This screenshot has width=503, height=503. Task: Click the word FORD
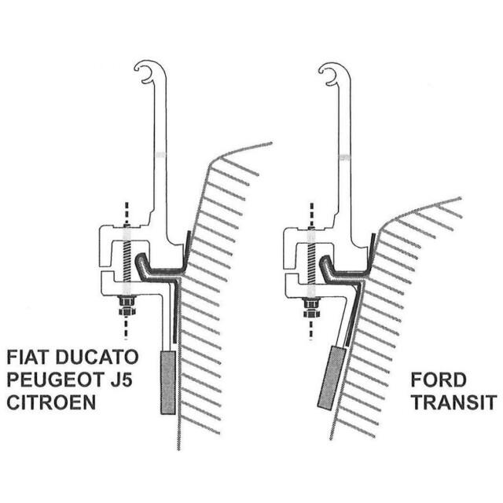tap(439, 380)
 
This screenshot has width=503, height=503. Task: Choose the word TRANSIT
tap(453, 403)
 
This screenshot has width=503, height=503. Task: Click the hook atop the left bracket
tap(145, 72)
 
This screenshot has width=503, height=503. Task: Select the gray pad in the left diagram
tap(167, 382)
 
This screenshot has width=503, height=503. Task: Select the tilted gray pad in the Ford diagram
tap(334, 377)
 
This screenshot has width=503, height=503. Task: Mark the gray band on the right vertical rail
tap(344, 157)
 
